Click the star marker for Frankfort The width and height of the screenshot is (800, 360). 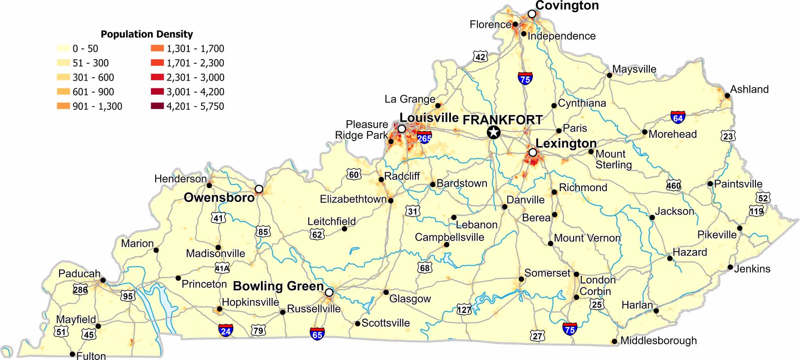tap(493, 132)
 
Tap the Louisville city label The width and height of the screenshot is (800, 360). tap(429, 118)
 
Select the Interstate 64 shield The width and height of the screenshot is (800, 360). tap(678, 117)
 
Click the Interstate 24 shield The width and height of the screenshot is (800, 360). tap(226, 330)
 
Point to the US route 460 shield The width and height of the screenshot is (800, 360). tap(674, 185)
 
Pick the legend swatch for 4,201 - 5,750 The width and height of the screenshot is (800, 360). tap(157, 106)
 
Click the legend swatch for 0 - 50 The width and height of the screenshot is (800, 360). tap(64, 49)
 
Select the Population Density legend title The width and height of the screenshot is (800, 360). tap(147, 34)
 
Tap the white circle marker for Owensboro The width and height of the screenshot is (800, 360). tap(259, 189)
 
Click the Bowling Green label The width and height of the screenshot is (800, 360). tap(278, 286)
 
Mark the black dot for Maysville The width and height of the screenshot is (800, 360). tap(609, 75)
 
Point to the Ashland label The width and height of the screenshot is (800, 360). tap(749, 89)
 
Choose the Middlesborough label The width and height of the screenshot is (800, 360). tap(658, 341)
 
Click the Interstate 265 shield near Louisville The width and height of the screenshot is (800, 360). tap(424, 137)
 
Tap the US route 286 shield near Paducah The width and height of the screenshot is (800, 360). tap(80, 290)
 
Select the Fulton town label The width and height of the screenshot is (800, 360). tap(91, 356)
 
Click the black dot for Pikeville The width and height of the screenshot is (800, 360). tap(740, 228)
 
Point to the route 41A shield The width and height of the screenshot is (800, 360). tap(222, 268)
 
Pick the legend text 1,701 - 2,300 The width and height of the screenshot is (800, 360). tap(195, 63)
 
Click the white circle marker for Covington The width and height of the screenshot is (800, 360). tap(532, 14)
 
